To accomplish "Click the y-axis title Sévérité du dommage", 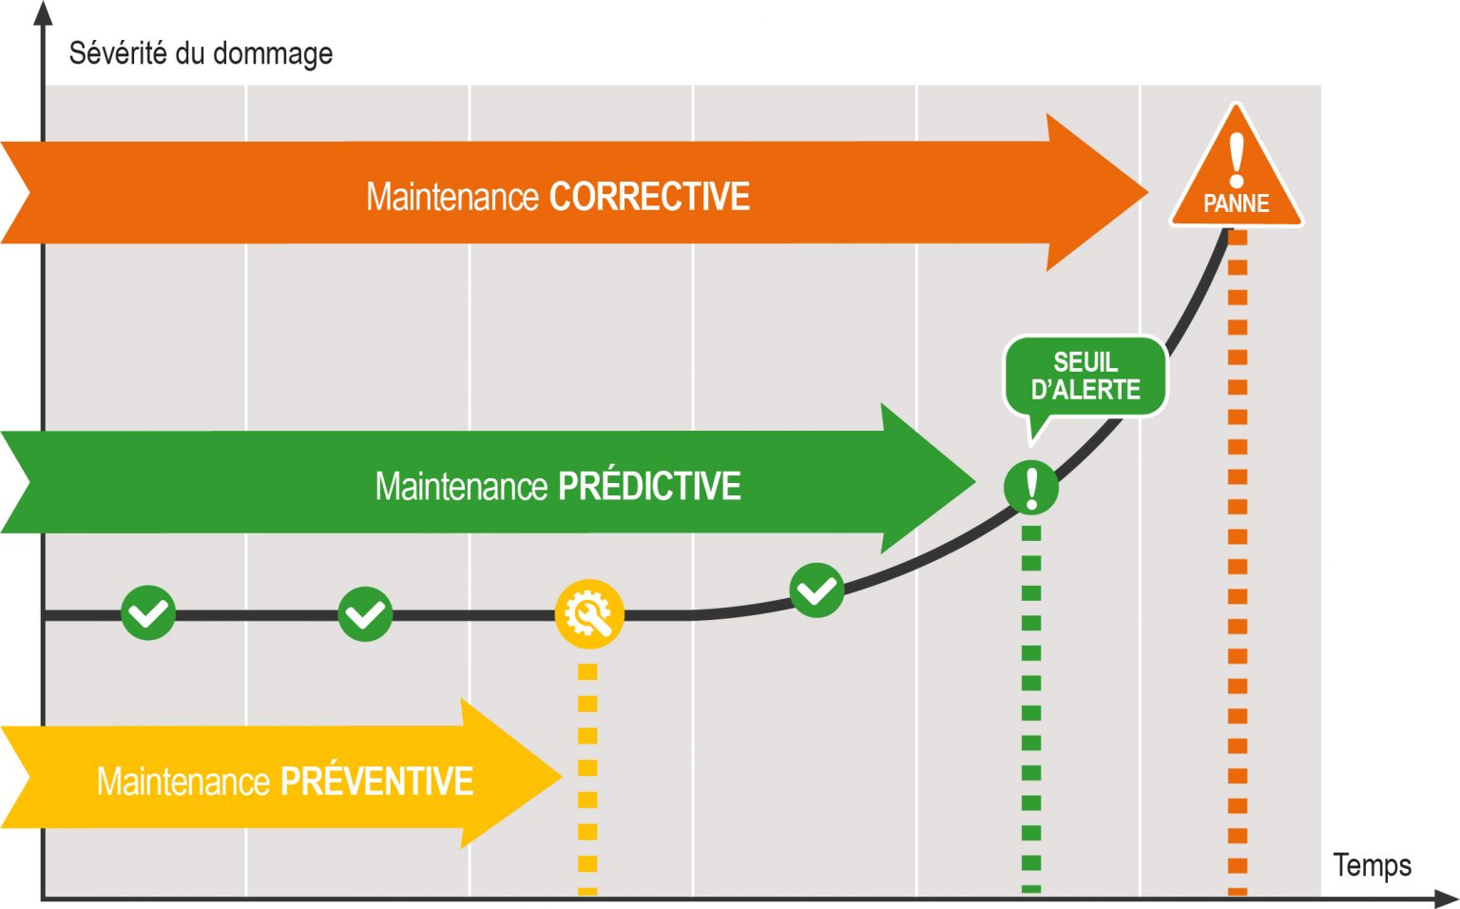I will tap(201, 53).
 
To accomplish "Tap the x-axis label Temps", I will tap(1372, 865).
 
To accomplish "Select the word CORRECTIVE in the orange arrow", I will tap(649, 197).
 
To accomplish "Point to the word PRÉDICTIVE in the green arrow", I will tap(649, 486).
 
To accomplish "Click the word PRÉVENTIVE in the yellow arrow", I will tap(376, 782).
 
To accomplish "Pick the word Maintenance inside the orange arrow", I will tap(452, 197).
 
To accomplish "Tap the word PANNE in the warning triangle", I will tap(1236, 203).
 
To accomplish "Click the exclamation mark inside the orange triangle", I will tap(1237, 159).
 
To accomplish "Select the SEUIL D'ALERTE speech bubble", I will tap(1085, 377).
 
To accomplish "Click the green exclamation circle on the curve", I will tap(1031, 488).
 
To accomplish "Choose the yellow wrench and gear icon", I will tap(589, 614).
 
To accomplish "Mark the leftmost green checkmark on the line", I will tap(148, 613).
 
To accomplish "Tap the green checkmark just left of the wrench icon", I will tap(365, 614).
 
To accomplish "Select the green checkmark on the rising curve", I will tap(816, 590).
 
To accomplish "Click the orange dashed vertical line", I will tap(1237, 571).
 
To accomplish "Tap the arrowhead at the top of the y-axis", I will tap(43, 13).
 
